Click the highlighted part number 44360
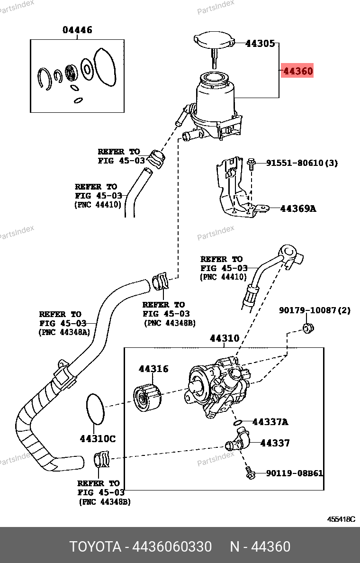[298, 71]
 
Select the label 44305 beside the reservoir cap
[260, 44]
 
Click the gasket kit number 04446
[77, 30]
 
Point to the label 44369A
[298, 208]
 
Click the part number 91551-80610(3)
[302, 163]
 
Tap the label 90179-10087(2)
[315, 310]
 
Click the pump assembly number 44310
[225, 338]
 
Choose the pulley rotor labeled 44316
[147, 398]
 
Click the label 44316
[153, 369]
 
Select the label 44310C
[98, 439]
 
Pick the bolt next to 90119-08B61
[251, 473]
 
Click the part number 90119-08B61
[295, 473]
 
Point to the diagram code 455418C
[341, 519]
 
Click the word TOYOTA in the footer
[95, 546]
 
